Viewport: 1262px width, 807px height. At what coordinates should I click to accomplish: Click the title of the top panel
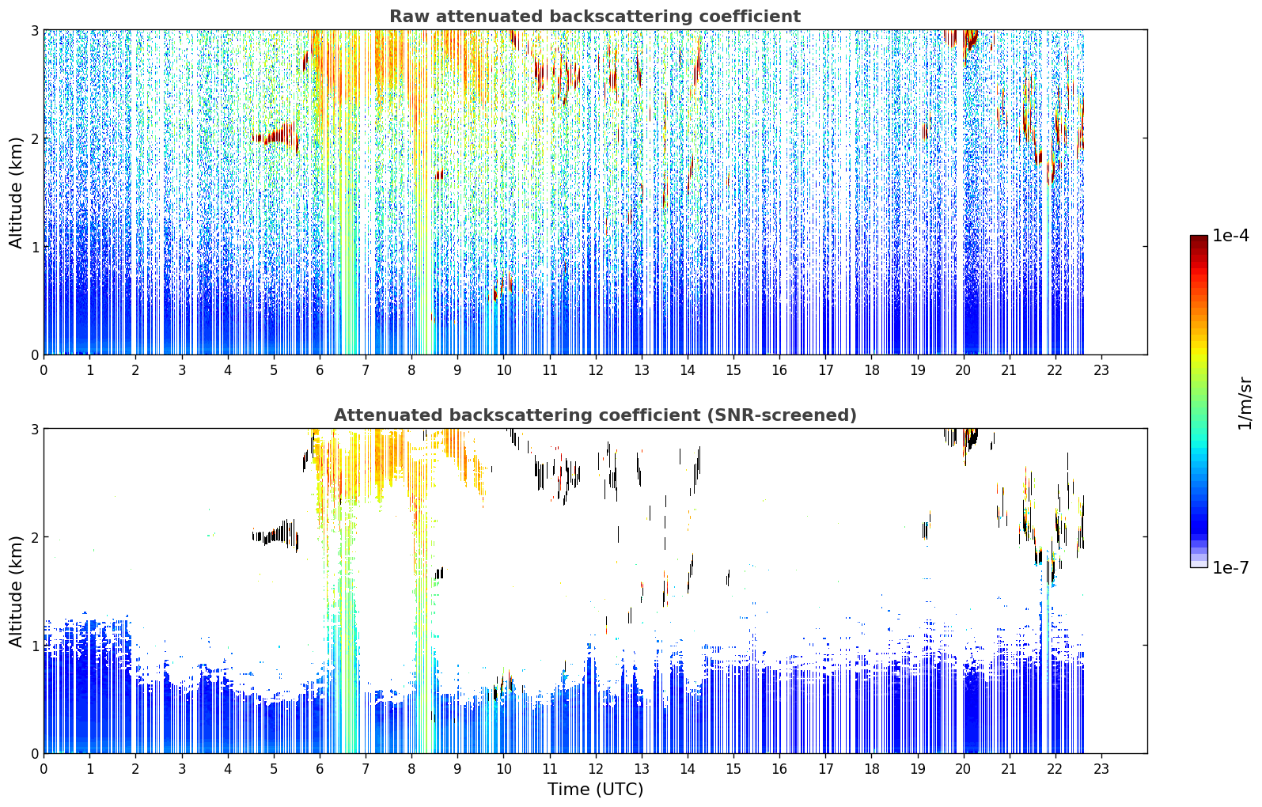pyautogui.click(x=595, y=17)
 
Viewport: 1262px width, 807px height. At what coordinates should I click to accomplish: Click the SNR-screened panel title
pyautogui.click(x=595, y=415)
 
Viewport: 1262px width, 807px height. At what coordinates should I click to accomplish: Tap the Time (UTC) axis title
pyautogui.click(x=595, y=790)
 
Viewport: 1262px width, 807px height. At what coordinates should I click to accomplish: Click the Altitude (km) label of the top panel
pyautogui.click(x=16, y=192)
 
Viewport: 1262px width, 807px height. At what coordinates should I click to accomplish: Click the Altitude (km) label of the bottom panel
pyautogui.click(x=16, y=591)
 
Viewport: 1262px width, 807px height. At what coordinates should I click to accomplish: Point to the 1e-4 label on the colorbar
pyautogui.click(x=1230, y=236)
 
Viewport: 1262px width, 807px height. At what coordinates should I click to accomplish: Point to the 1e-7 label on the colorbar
pyautogui.click(x=1230, y=567)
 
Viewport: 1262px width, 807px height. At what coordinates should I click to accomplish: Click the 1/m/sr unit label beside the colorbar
pyautogui.click(x=1245, y=404)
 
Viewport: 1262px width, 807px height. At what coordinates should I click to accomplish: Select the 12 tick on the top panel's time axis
pyautogui.click(x=596, y=371)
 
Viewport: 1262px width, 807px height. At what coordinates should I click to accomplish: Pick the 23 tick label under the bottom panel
pyautogui.click(x=1101, y=770)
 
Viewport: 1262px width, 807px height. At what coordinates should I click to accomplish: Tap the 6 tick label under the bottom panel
pyautogui.click(x=320, y=770)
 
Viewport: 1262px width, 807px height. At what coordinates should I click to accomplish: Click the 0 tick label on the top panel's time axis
pyautogui.click(x=44, y=371)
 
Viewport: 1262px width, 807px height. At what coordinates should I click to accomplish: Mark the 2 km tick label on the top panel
pyautogui.click(x=34, y=138)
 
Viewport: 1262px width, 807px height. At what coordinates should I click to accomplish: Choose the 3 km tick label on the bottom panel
pyautogui.click(x=34, y=429)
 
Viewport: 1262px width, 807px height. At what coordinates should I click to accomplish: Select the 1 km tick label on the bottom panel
pyautogui.click(x=34, y=646)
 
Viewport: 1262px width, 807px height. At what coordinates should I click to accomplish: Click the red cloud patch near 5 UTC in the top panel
pyautogui.click(x=277, y=136)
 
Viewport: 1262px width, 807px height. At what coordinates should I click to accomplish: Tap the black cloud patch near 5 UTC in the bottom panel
pyautogui.click(x=277, y=534)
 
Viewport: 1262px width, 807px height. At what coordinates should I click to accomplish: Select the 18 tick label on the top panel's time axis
pyautogui.click(x=872, y=371)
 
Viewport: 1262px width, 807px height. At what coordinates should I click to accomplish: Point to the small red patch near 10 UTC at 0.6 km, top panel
pyautogui.click(x=502, y=287)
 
